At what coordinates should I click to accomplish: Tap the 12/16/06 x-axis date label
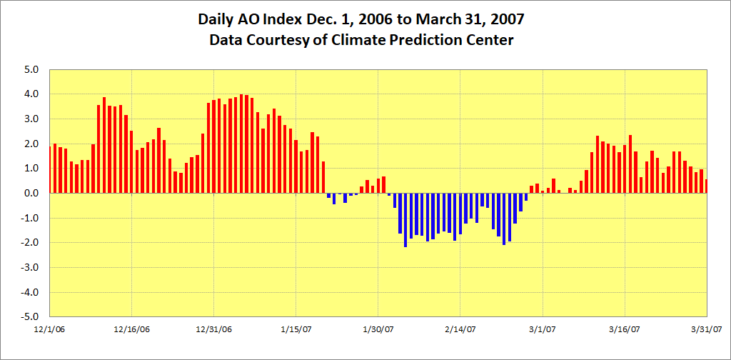(132, 329)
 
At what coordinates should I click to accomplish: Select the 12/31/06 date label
(214, 329)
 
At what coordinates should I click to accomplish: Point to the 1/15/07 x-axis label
(296, 329)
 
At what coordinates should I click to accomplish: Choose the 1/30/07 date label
(378, 329)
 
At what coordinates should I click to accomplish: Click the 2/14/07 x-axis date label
(460, 329)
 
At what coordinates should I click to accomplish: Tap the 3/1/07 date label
(543, 329)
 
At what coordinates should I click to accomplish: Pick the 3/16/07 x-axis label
(625, 329)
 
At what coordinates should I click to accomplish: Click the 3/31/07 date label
(707, 329)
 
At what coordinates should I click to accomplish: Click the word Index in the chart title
(279, 20)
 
